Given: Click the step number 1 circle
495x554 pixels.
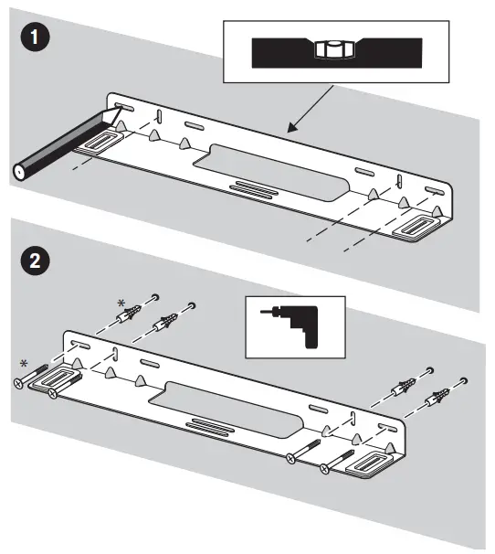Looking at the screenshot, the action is click(35, 37).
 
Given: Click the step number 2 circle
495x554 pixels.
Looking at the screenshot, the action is click(35, 261).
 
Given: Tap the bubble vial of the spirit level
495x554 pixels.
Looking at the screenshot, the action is click(333, 49).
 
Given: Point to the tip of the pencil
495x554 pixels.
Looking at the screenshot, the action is click(121, 107).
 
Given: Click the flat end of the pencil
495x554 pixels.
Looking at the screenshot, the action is click(18, 172).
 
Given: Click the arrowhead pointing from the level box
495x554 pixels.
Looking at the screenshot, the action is click(291, 128).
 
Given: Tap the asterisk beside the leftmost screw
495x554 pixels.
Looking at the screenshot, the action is click(24, 363).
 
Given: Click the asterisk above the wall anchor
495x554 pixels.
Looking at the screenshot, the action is click(121, 304).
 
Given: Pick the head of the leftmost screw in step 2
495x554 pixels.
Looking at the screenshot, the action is click(18, 383).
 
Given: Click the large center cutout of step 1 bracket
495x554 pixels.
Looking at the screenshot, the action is click(271, 173).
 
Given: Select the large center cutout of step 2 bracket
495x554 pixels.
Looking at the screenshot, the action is click(226, 410).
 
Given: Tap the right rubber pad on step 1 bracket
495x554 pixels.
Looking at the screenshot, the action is click(416, 228).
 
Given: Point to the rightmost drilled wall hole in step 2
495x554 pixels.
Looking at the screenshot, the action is click(464, 380).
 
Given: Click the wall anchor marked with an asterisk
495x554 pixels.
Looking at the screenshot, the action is click(129, 314).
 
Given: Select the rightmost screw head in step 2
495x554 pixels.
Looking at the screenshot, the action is click(324, 469).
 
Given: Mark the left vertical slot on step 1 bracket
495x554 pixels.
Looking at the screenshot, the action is click(159, 116).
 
